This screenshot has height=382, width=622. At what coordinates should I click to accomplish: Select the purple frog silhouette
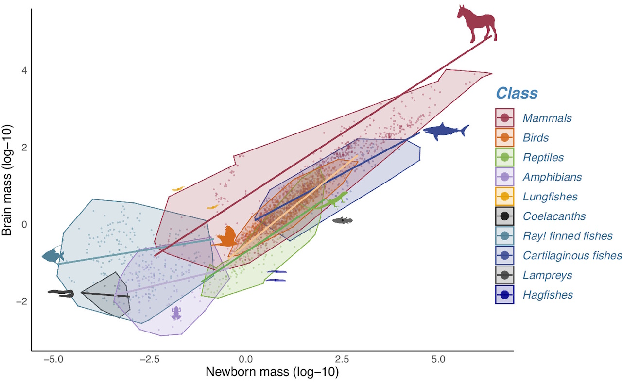click(176, 313)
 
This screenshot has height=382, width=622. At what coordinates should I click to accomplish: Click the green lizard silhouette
click(335, 199)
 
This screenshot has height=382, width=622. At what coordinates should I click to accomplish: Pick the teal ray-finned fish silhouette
click(52, 255)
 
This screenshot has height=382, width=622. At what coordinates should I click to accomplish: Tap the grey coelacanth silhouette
click(343, 221)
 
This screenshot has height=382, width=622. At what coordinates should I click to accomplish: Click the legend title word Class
click(517, 93)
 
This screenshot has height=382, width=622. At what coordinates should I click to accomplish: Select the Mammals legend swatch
click(504, 118)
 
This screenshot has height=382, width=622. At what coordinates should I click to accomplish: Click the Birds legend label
click(536, 138)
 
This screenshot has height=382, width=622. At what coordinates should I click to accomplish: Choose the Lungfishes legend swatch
click(504, 197)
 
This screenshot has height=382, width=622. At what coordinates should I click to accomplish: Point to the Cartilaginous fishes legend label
click(572, 255)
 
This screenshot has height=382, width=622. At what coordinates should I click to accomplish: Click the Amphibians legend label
click(552, 177)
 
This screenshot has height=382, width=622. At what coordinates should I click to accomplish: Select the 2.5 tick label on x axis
click(342, 360)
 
